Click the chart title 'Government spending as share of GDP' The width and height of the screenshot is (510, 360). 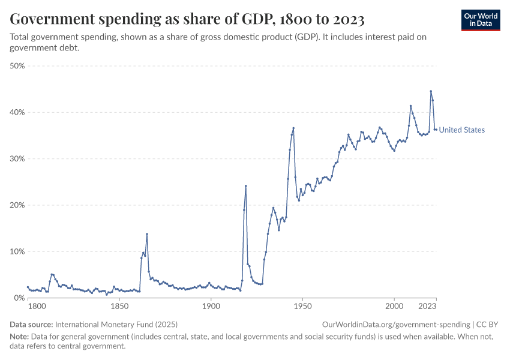coord(187,20)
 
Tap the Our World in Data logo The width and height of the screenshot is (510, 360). coord(481,20)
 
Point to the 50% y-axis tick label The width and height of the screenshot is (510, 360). coord(17,66)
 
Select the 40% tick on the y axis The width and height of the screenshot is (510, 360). coord(17,112)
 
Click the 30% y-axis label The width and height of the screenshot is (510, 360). coord(17,159)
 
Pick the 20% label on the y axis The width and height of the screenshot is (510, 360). coord(17,205)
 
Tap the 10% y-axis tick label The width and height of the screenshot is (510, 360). coord(17,251)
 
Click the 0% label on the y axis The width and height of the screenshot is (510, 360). coord(19,298)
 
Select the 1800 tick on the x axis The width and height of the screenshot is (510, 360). coord(37,307)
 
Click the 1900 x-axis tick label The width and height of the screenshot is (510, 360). coord(211,307)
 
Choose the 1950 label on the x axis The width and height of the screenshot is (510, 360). coord(302,307)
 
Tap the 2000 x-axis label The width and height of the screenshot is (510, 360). coord(394,307)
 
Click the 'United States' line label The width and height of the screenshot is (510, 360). coord(462,130)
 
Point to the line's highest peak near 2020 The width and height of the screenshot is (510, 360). coord(431,91)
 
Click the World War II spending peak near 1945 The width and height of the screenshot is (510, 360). coord(293,128)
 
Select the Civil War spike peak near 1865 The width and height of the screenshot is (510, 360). coord(147,234)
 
